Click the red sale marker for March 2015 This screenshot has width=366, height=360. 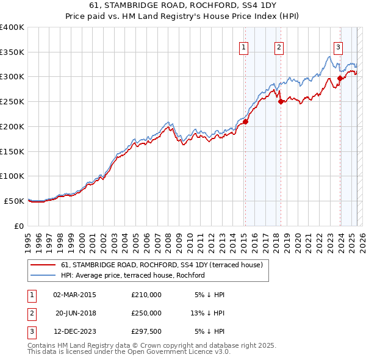245,121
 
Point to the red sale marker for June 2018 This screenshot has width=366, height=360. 281,102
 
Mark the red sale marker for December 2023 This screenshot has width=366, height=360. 340,78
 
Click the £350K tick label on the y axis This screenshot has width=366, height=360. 12,52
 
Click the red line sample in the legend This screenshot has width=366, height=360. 43,265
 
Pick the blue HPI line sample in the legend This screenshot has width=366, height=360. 43,275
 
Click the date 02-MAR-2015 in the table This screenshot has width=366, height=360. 74,295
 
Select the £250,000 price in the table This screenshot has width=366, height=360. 146,313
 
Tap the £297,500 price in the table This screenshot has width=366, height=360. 146,332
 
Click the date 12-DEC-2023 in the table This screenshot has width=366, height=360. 74,332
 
